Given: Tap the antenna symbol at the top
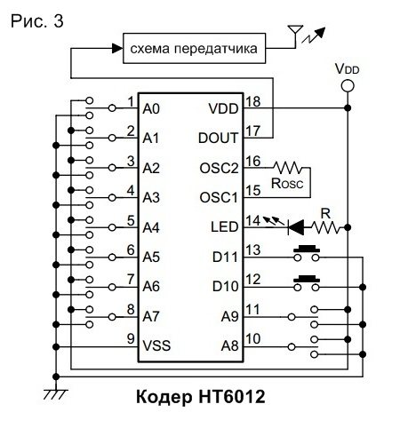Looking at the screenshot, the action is [x=295, y=35].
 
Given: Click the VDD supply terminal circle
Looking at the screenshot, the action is [x=348, y=86].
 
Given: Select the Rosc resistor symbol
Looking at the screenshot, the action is [x=288, y=168].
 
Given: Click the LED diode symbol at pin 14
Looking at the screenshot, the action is [x=296, y=227].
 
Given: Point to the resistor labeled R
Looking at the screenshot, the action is [x=325, y=227].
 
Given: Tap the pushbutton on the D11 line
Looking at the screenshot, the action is [x=307, y=253].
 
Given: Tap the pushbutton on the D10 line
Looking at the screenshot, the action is [x=307, y=283].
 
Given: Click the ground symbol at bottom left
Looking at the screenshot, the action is [x=56, y=394].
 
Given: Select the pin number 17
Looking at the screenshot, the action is [x=253, y=131].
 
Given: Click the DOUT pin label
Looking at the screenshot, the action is [x=219, y=138].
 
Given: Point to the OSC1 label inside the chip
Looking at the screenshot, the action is [x=219, y=197].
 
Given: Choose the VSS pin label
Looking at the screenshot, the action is [x=156, y=345].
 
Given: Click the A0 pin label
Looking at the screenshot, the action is [x=151, y=108].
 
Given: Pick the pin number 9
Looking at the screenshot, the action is [x=131, y=338].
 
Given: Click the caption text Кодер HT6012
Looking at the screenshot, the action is [x=201, y=396].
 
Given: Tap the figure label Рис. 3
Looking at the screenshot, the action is [x=37, y=21].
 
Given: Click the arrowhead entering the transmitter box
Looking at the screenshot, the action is [x=117, y=48].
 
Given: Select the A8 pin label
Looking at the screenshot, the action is [x=229, y=345].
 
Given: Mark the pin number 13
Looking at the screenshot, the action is [x=253, y=250].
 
